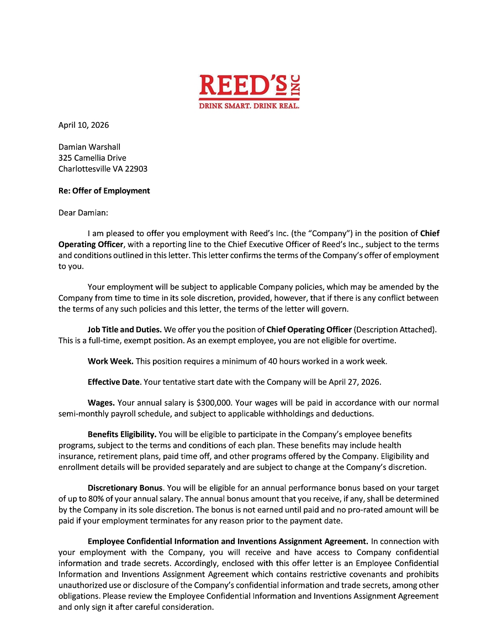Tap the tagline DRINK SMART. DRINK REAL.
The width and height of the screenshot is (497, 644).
click(249, 105)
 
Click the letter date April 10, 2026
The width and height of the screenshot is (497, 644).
click(83, 125)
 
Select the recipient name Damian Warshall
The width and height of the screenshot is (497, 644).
click(89, 147)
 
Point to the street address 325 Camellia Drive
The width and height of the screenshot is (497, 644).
click(92, 158)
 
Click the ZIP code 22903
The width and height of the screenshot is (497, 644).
click(137, 169)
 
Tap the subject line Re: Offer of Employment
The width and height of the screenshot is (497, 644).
click(104, 191)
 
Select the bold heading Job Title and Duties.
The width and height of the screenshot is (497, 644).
click(124, 330)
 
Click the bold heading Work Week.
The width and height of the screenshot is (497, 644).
click(110, 362)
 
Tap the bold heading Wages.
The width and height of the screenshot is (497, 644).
click(101, 403)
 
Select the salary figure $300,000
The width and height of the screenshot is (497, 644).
click(205, 403)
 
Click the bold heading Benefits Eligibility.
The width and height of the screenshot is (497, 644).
click(122, 434)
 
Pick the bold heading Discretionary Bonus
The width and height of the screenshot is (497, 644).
click(125, 488)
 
